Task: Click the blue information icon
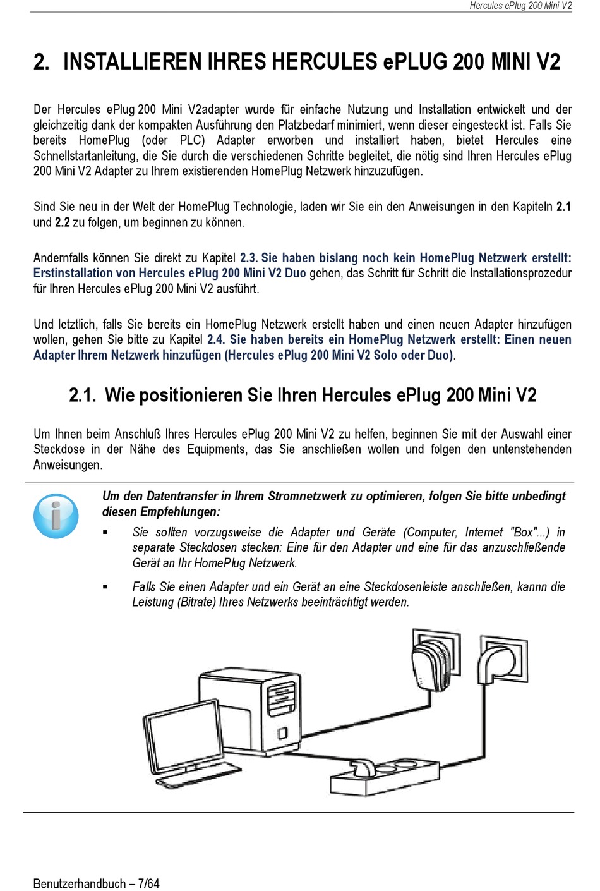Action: click(56, 516)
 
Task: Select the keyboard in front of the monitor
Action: click(199, 776)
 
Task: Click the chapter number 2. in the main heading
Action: click(41, 62)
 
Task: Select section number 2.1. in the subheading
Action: click(82, 396)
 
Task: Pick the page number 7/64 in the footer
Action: click(148, 883)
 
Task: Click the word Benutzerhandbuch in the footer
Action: click(80, 883)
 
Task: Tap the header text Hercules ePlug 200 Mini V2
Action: click(520, 6)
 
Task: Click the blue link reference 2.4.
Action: click(215, 339)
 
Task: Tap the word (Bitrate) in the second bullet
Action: click(196, 602)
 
